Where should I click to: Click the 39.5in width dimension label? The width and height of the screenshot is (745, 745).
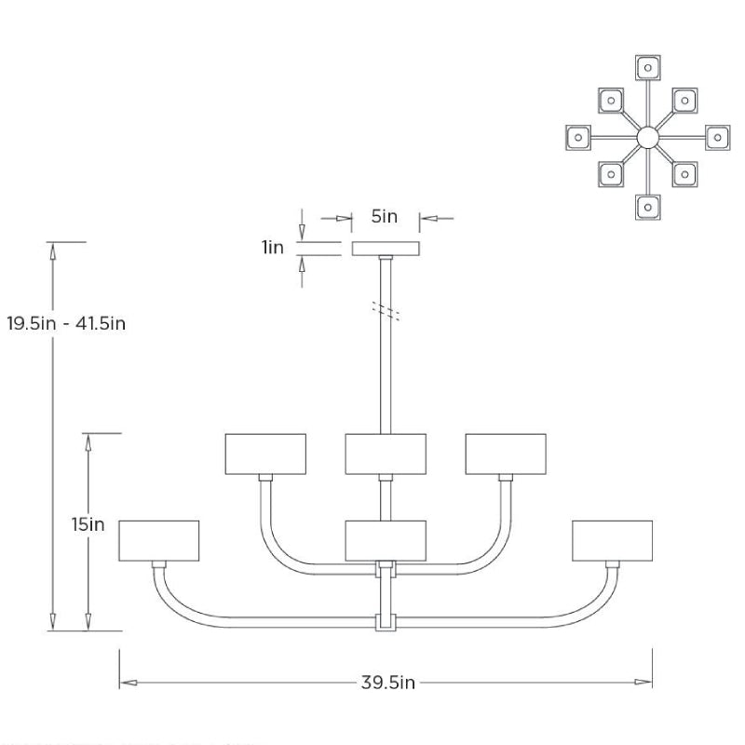click(387, 683)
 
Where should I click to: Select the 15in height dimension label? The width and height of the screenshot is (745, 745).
click(88, 524)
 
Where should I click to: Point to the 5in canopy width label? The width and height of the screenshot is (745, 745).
click(385, 218)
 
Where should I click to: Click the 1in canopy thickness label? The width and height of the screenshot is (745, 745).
click(273, 248)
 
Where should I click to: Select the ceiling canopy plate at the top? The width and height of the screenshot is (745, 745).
click(386, 249)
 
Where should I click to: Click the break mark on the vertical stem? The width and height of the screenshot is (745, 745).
click(386, 310)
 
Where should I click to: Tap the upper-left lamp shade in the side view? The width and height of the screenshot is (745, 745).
click(266, 454)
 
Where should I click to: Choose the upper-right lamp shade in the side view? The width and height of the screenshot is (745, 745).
click(506, 454)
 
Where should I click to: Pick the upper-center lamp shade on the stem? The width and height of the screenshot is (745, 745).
click(386, 454)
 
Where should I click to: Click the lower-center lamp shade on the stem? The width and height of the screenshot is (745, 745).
click(386, 540)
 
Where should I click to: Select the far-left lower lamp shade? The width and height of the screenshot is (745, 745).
click(159, 541)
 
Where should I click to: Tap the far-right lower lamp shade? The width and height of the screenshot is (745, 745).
click(612, 541)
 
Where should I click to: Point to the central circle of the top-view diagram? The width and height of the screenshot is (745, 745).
click(648, 138)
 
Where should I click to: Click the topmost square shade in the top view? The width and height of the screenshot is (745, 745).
click(648, 68)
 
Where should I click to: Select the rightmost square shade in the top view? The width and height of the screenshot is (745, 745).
click(717, 137)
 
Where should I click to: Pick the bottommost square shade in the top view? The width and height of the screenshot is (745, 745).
click(648, 207)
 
